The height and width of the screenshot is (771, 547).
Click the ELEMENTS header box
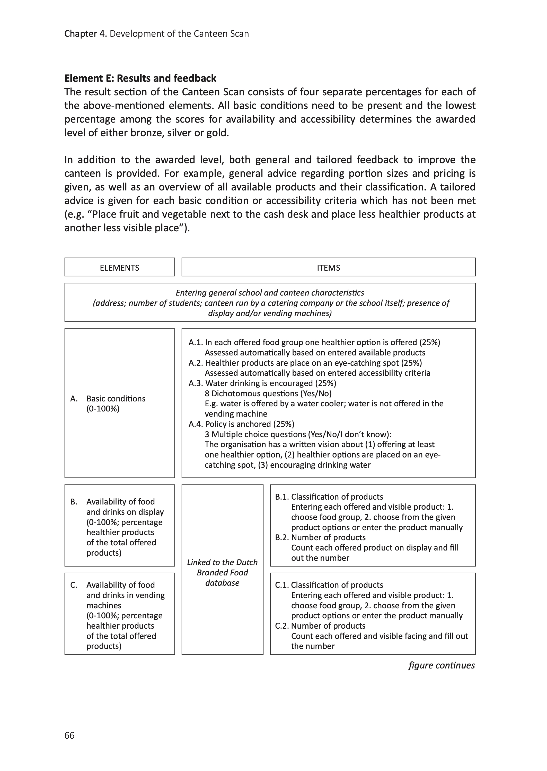(120, 268)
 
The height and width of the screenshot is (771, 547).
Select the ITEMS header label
(328, 268)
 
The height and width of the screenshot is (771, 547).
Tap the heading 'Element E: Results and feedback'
(140, 78)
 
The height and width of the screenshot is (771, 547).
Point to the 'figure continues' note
(441, 665)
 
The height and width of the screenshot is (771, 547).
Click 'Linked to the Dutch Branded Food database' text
(222, 573)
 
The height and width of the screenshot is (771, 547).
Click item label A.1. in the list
(196, 342)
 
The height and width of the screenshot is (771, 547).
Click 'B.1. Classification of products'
(329, 497)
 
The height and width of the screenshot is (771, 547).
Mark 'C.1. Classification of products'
(329, 585)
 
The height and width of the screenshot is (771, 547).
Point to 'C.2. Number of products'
(320, 626)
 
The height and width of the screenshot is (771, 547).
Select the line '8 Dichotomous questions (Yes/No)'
(268, 393)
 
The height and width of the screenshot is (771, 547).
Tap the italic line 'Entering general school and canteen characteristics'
(270, 293)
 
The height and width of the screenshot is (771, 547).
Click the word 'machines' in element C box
(104, 605)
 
